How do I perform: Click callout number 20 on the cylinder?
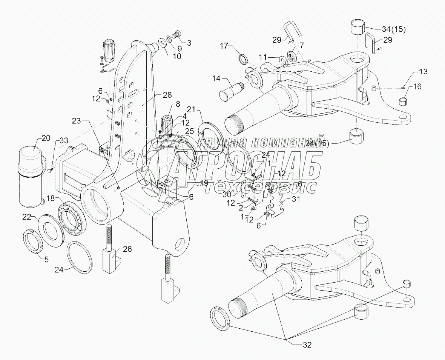46,138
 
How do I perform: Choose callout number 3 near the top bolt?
189,43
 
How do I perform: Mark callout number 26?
127,249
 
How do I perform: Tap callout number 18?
50,198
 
